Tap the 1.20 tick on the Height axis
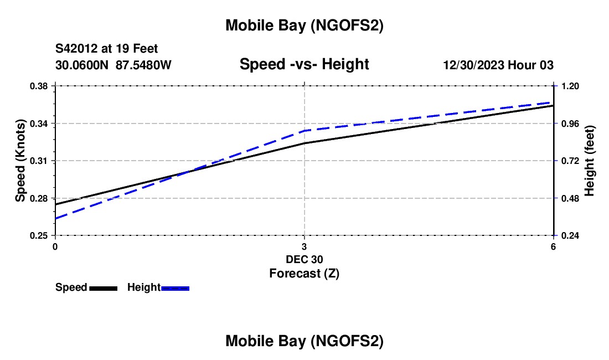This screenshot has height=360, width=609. tap(570, 86)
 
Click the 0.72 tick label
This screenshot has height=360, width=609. tap(570, 161)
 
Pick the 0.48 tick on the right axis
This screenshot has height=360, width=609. tap(570, 198)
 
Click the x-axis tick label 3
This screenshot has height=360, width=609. tap(304, 246)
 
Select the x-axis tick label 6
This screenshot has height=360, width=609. tap(553, 246)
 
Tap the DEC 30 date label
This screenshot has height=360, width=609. tap(304, 259)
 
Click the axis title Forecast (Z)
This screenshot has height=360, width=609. tap(304, 273)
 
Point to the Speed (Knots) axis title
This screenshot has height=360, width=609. tap(20, 161)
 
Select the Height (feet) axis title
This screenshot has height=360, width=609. tap(589, 161)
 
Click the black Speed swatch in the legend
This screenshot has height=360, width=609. tap(103, 288)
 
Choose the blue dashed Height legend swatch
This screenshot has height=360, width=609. tap(176, 288)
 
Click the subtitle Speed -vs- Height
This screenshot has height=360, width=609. tap(304, 65)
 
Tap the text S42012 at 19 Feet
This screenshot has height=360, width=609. tap(107, 49)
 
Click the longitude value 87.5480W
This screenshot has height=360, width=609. tap(144, 65)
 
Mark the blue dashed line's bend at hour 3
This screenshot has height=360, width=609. tap(304, 131)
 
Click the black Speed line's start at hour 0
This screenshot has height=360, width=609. tap(55, 204)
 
